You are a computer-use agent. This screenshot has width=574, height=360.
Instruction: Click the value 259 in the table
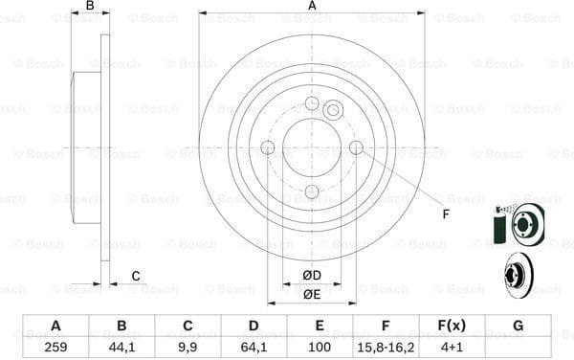click(x=55, y=344)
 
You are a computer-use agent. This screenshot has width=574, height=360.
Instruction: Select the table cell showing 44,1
click(x=121, y=344)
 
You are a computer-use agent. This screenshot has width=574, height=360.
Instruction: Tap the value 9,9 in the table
click(x=188, y=344)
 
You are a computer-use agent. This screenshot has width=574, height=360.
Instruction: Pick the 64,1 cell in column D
click(x=254, y=344)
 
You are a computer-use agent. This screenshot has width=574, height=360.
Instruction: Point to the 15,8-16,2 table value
click(x=386, y=344)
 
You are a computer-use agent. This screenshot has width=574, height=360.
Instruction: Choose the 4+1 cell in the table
click(x=452, y=344)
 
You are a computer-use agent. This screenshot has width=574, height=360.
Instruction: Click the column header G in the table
click(x=518, y=326)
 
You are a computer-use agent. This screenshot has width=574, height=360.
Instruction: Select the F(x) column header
click(x=452, y=326)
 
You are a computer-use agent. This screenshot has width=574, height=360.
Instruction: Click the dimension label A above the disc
click(x=312, y=7)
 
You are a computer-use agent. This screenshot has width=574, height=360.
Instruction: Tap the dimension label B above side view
click(x=90, y=7)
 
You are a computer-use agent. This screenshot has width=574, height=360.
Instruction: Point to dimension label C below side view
click(x=136, y=277)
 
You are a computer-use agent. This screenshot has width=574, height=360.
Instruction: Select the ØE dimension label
click(x=312, y=295)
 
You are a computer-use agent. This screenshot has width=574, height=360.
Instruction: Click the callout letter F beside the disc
click(x=445, y=214)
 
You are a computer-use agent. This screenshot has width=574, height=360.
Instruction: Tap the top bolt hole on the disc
click(x=312, y=103)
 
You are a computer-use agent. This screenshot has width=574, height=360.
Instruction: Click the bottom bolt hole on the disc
click(x=312, y=191)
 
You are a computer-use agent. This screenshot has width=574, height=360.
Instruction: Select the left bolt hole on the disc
click(x=268, y=147)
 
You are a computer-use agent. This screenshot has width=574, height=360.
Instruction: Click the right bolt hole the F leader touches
click(x=356, y=147)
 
